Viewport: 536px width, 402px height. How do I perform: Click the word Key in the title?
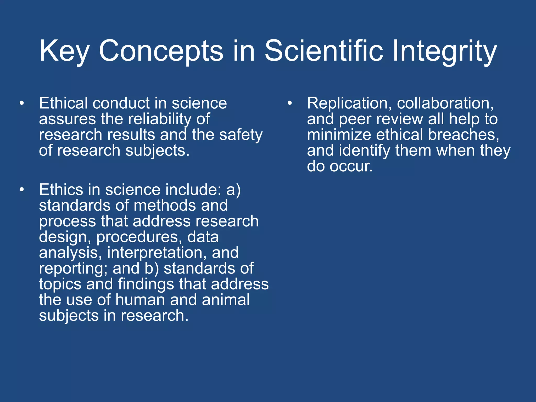click(x=64, y=51)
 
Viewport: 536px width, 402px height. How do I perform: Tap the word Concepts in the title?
click(x=161, y=51)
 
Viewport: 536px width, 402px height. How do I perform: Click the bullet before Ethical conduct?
click(x=22, y=103)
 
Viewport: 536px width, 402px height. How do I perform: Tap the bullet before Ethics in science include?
click(x=22, y=190)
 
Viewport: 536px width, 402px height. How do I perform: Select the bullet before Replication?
click(x=289, y=103)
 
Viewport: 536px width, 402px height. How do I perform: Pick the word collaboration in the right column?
click(x=445, y=103)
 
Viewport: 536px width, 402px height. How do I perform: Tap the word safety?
click(x=241, y=135)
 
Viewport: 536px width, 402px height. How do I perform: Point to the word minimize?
click(x=339, y=135)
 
